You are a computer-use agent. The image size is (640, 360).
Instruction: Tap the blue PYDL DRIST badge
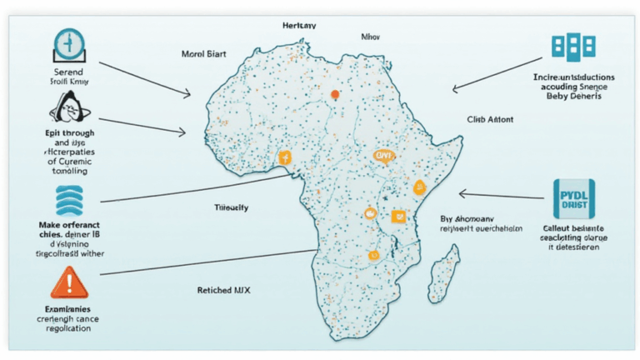(572, 198)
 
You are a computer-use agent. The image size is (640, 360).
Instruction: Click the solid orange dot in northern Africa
(335, 94)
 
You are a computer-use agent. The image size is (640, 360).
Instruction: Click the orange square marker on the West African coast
(284, 157)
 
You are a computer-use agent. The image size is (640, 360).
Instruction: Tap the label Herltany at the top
(299, 26)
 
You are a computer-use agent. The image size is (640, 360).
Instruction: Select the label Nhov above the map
(372, 37)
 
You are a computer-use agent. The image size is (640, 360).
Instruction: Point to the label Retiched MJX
(223, 289)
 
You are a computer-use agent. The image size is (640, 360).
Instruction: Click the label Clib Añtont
(490, 120)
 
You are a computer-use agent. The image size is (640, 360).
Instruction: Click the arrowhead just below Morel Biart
(190, 94)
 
